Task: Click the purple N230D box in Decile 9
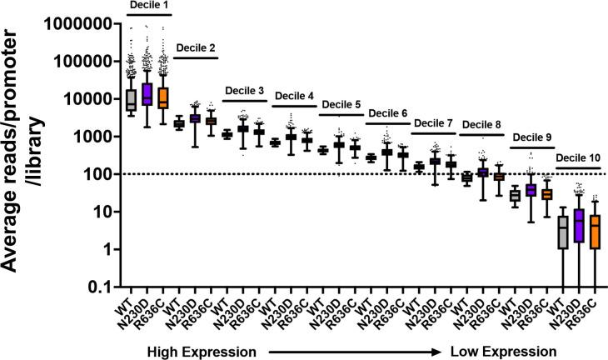tap(531, 190)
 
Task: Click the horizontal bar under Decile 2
tap(196, 57)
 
